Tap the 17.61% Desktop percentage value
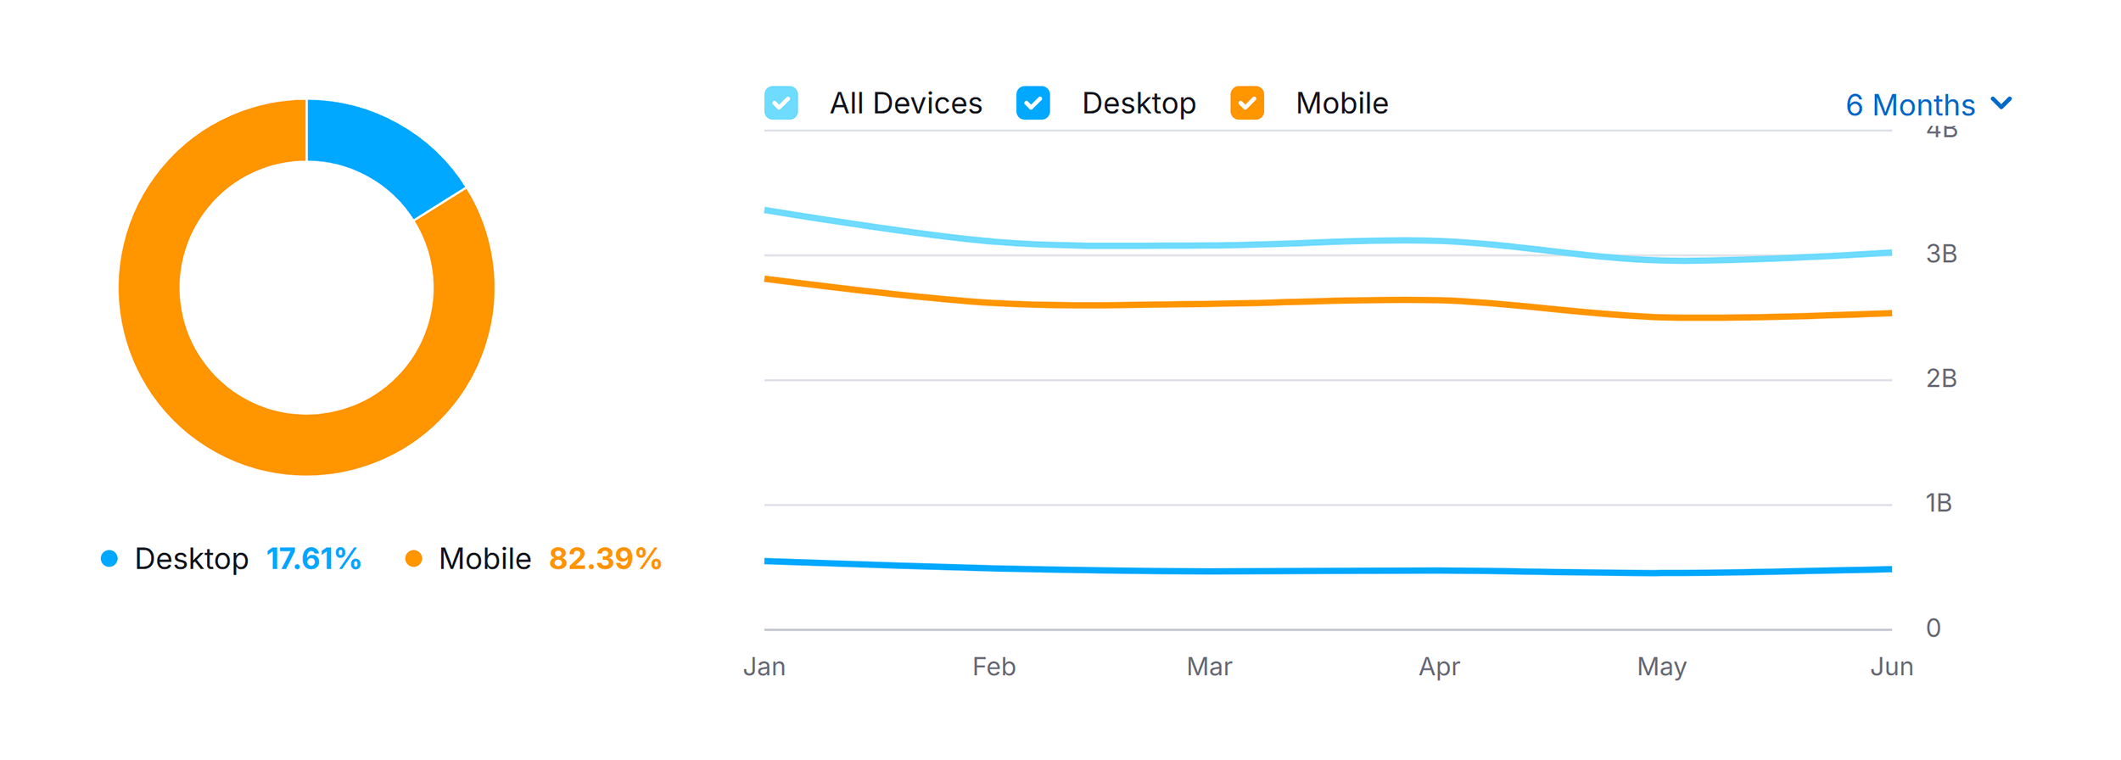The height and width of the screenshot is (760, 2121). (314, 559)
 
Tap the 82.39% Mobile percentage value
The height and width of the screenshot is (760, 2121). (605, 559)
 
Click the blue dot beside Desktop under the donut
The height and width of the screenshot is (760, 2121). (109, 558)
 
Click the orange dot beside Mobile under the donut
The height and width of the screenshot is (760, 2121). (413, 558)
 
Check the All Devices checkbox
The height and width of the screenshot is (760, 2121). (781, 103)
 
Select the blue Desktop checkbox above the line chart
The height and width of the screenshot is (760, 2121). (1033, 103)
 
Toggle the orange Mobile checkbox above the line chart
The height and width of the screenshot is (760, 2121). (1246, 103)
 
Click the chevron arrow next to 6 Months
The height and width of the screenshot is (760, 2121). (2001, 103)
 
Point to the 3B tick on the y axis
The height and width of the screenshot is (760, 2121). (1941, 254)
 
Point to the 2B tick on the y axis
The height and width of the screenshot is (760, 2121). (1941, 378)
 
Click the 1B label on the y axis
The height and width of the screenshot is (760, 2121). (1939, 503)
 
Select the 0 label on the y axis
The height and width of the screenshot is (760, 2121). (1934, 628)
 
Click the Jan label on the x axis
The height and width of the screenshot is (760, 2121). (764, 667)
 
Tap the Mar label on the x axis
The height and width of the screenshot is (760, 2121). (1209, 667)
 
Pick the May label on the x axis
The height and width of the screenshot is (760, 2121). (1661, 668)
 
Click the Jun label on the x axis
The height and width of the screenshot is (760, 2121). (1892, 667)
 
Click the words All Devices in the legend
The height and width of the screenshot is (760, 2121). (905, 103)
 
